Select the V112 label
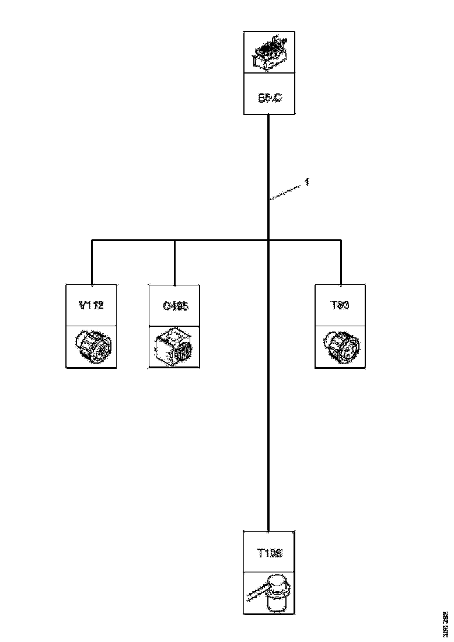coord(91,305)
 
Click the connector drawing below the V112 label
coord(92,347)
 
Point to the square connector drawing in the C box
coord(174,347)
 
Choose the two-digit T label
coord(340,305)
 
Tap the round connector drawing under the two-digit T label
coord(340,347)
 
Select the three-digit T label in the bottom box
coord(269,552)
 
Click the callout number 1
coord(308,183)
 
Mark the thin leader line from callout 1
coord(287,191)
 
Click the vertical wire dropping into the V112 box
coord(92,263)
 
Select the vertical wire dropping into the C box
coord(174,263)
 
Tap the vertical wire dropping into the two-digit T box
coord(341,263)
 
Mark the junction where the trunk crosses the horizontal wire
coord(268,239)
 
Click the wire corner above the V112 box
coord(92,240)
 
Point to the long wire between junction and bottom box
coord(268,385)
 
